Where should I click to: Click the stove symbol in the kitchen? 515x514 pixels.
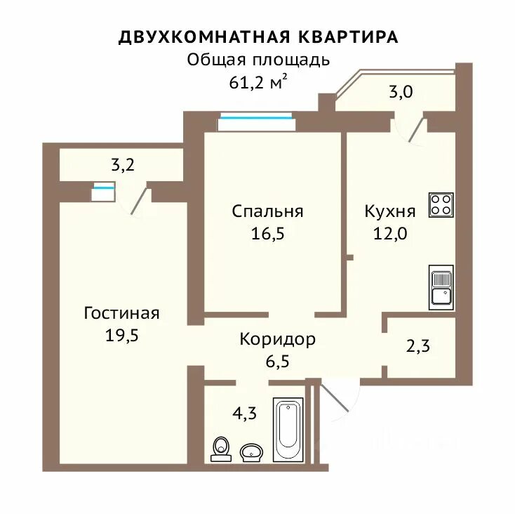(441, 205)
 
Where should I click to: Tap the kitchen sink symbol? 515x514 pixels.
(441, 288)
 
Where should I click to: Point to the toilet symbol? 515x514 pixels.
(221, 449)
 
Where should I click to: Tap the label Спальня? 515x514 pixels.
(267, 211)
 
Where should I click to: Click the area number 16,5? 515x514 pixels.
(268, 234)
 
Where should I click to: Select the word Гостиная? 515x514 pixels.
(121, 313)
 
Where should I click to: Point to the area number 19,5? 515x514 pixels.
(122, 336)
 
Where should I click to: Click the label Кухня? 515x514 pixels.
(390, 211)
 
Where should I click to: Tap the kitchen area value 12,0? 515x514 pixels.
(390, 234)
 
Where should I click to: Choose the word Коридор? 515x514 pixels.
(278, 340)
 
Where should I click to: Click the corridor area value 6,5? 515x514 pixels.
(278, 362)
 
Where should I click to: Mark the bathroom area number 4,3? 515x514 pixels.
(244, 414)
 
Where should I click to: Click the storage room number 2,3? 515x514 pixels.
(417, 346)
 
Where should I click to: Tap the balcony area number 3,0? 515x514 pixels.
(401, 92)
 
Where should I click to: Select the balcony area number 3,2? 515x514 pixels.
(123, 165)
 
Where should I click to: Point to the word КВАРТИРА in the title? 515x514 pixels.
(348, 37)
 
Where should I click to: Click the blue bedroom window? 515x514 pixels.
(256, 117)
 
